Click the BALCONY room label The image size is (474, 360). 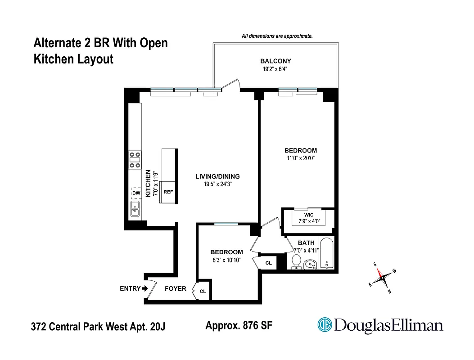pos(275,61)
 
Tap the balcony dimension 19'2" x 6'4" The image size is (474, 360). pos(275,69)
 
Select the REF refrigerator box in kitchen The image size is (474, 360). pos(168,192)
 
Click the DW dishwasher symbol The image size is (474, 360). pos(135,193)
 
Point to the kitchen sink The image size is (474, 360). pos(135,209)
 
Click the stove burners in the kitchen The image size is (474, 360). pos(135,159)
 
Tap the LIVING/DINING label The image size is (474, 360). pos(217,176)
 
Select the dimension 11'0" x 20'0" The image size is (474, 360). pos(300,158)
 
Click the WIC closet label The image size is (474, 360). pos(308,215)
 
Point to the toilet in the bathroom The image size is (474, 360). pos(296,261)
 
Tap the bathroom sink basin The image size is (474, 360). pos(310,264)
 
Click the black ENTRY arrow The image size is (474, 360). pos(145,289)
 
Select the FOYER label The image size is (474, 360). pos(175,288)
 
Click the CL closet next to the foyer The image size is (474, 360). pos(203,292)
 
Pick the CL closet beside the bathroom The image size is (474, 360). pos(268,262)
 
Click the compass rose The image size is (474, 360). pos(383,278)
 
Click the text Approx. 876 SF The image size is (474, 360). pos(239,325)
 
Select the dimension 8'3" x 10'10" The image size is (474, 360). pos(226,260)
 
